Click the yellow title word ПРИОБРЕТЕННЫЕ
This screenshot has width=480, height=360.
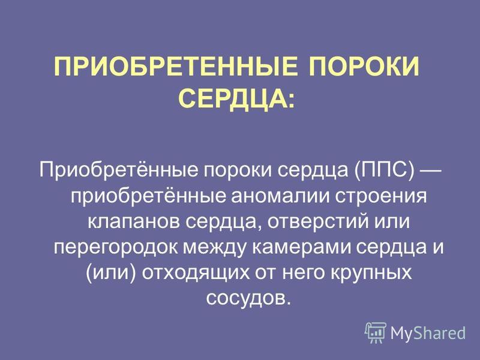(x=176, y=67)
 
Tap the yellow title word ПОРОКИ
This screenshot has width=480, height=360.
(x=364, y=67)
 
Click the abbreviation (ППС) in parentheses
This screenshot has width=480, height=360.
(x=385, y=170)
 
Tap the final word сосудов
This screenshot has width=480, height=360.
(x=248, y=298)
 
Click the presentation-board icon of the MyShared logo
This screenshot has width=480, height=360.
(x=376, y=332)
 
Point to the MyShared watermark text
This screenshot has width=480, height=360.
(x=428, y=333)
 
